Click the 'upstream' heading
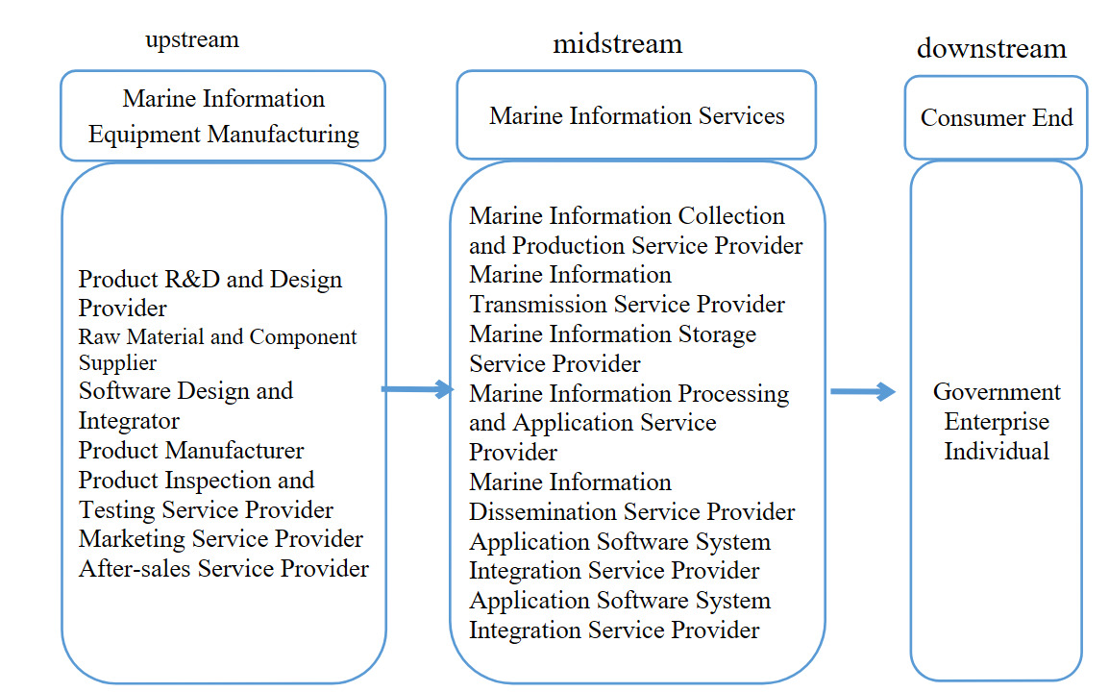pos(192,40)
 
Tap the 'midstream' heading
pos(617,44)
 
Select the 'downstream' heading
pos(991,49)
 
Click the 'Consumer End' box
pos(996,117)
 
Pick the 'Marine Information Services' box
pos(636,116)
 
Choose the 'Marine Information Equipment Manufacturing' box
pos(223,116)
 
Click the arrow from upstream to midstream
pos(417,389)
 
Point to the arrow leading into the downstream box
pos(862,391)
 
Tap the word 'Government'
pos(997,392)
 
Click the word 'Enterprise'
pos(997,422)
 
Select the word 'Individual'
pos(997,451)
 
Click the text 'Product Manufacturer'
pos(191,451)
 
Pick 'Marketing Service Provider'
pos(221,539)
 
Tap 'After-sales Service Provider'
pos(224,569)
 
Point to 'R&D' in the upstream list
pos(192,280)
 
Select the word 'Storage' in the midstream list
pos(712,334)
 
